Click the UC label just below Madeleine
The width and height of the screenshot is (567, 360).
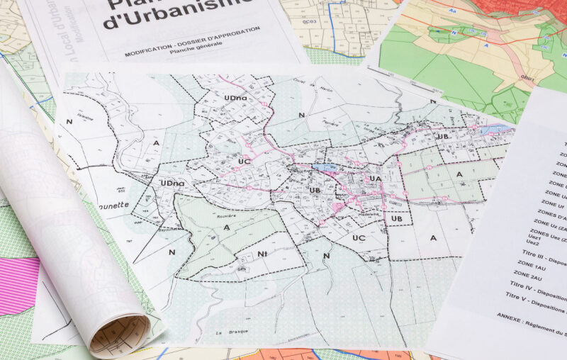[x=359, y=237]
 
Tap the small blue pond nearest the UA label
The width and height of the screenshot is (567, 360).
[x=326, y=167]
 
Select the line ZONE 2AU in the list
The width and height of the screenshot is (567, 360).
[x=530, y=274]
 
